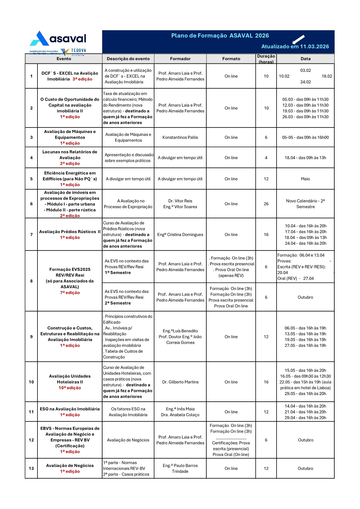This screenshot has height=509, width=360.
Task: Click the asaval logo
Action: click(58, 39)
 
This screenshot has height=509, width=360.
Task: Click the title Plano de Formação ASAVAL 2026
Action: click(220, 36)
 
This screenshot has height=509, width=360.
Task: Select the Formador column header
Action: click(180, 59)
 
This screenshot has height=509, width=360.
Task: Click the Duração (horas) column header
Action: click(266, 59)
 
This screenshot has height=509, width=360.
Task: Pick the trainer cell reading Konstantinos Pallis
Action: click(180, 138)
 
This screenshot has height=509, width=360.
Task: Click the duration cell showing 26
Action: click(266, 204)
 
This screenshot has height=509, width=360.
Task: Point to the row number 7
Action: click(31, 235)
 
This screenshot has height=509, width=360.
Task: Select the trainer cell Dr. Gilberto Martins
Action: click(180, 382)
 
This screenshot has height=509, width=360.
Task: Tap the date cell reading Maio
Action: click(305, 179)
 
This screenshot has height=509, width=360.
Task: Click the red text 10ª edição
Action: click(70, 388)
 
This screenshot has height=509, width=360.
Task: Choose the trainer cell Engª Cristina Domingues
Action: click(180, 235)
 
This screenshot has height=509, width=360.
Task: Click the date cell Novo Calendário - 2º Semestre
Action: click(305, 204)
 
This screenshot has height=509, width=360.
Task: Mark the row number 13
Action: click(31, 468)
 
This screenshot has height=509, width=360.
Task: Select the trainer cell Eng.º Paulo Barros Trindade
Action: click(180, 468)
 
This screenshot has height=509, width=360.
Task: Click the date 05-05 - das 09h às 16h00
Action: click(305, 138)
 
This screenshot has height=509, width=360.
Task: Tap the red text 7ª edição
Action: click(70, 293)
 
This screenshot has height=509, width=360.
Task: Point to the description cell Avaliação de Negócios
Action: click(128, 440)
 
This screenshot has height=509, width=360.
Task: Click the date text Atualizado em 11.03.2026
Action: click(295, 47)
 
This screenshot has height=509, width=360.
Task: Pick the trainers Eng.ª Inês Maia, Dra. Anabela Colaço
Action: click(180, 412)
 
